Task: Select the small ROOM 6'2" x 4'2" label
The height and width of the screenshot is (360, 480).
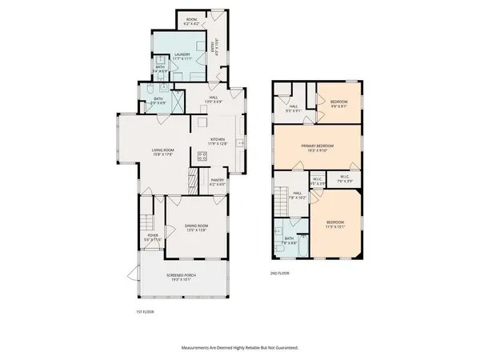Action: (x=191, y=21)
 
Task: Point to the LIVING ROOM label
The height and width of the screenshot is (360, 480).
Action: (x=163, y=151)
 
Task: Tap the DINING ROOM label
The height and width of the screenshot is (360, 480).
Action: (x=196, y=228)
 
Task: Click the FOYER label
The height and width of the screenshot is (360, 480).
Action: (x=153, y=238)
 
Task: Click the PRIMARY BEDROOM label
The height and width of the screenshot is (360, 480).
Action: (x=317, y=147)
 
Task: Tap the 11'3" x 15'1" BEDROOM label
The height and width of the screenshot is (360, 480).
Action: (x=334, y=224)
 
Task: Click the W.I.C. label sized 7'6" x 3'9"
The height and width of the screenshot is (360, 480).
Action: (x=343, y=179)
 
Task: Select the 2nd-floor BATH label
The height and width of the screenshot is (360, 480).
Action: (x=289, y=240)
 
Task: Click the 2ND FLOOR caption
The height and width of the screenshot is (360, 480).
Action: (x=281, y=274)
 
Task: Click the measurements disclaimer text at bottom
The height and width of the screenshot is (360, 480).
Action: (x=239, y=348)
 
